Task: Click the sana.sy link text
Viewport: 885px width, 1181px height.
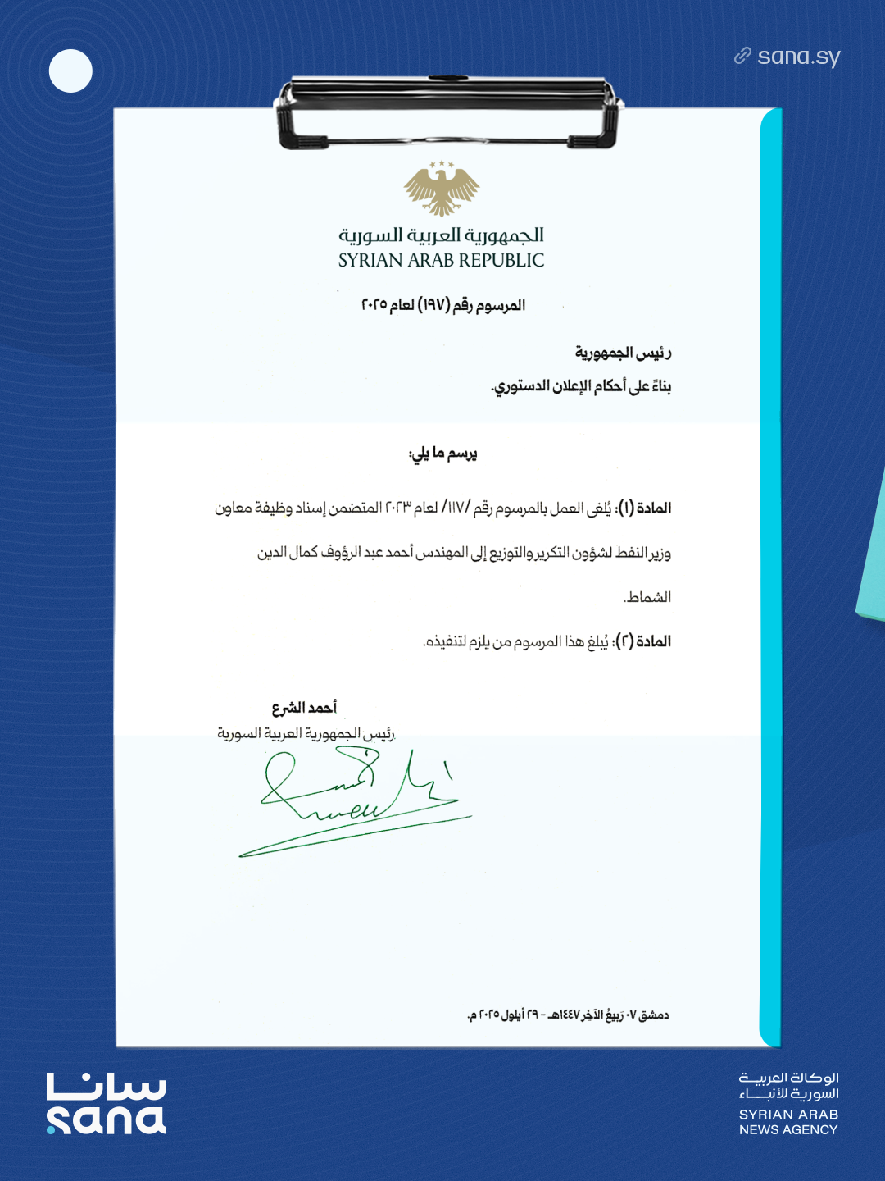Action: [x=798, y=57]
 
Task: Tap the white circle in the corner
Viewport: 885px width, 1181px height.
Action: [x=70, y=71]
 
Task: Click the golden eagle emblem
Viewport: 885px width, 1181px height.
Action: [x=442, y=189]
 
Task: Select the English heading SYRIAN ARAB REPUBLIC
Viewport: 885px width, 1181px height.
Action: [x=441, y=261]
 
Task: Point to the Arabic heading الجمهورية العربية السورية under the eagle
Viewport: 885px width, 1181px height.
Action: [x=441, y=235]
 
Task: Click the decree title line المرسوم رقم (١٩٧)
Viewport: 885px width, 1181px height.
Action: [x=443, y=305]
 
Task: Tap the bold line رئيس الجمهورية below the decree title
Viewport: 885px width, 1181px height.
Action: [x=623, y=353]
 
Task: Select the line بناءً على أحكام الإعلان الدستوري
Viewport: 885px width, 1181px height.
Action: [x=581, y=386]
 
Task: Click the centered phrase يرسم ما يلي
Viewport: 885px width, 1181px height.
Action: [x=442, y=454]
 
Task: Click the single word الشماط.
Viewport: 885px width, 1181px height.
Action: [x=647, y=597]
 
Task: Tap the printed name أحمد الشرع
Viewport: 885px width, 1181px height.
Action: [x=304, y=708]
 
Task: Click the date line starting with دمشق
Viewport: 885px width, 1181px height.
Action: [x=568, y=1015]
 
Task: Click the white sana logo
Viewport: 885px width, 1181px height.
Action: [x=107, y=1103]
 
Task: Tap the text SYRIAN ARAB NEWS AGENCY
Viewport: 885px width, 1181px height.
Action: [x=788, y=1122]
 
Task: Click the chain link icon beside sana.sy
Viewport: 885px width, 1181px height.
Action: [x=742, y=56]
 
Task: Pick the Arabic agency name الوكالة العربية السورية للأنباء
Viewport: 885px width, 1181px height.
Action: [x=788, y=1086]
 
